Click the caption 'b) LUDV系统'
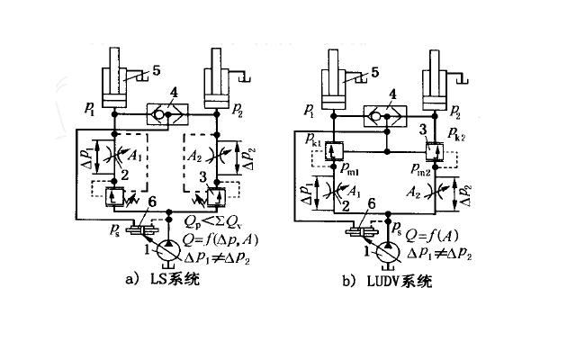[387, 281]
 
